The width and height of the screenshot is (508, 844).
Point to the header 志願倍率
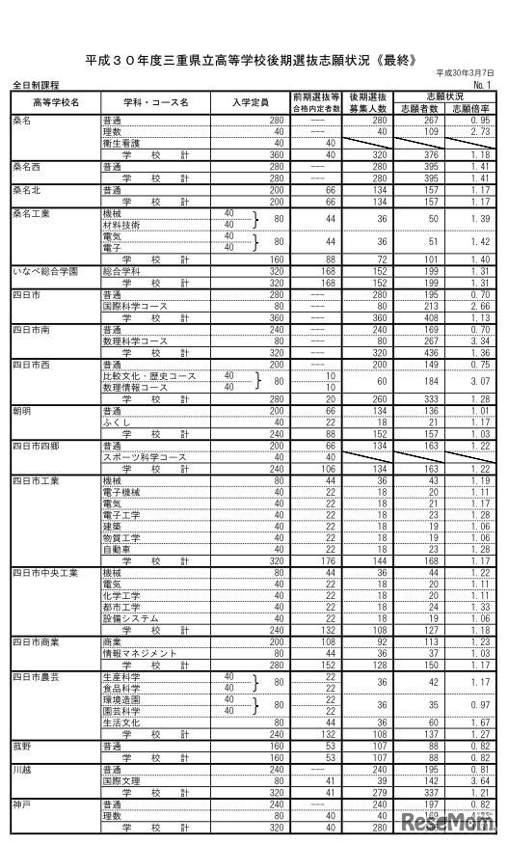click(x=471, y=106)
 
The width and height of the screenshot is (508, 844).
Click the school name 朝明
click(x=24, y=411)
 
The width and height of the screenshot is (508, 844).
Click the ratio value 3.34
click(x=472, y=341)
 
